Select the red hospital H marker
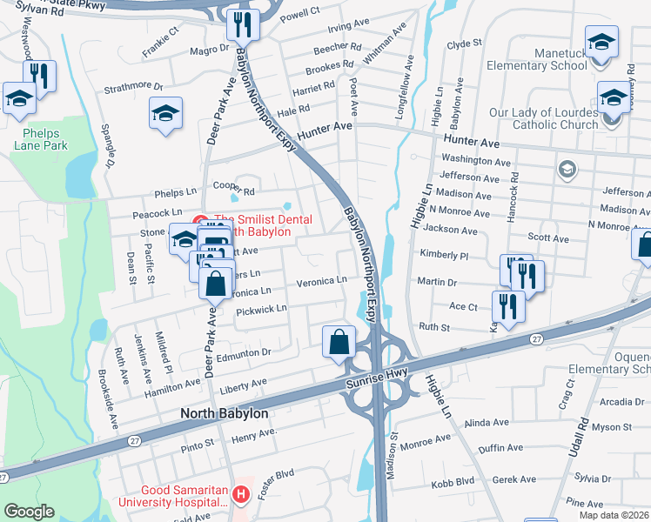tap(241, 495)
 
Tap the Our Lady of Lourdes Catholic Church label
tap(544, 118)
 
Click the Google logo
tap(29, 512)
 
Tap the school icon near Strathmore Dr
tap(165, 113)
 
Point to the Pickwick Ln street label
tap(261, 310)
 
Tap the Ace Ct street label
tap(463, 306)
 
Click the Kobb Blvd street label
tap(453, 480)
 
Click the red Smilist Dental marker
tap(198, 221)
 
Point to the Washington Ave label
tap(475, 160)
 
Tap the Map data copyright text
tap(614, 515)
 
